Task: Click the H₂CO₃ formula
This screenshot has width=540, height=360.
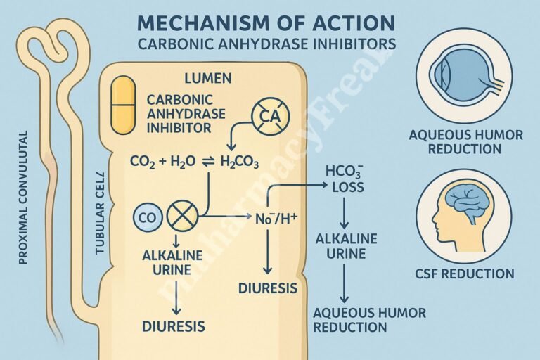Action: (240, 163)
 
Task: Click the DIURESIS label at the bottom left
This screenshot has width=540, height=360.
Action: (174, 326)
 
